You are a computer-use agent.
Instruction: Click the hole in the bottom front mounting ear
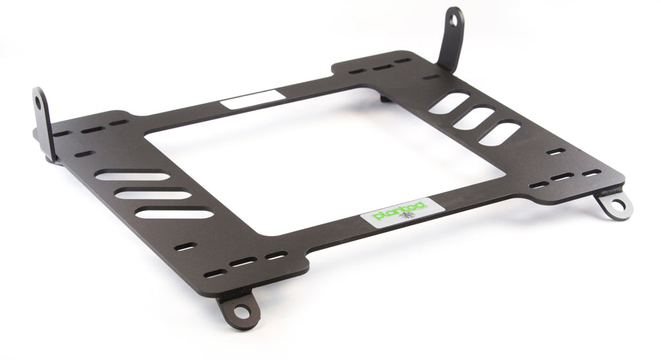tap(239, 308)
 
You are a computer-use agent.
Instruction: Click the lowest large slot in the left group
tap(176, 213)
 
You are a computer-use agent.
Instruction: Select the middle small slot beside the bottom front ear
tap(243, 263)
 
